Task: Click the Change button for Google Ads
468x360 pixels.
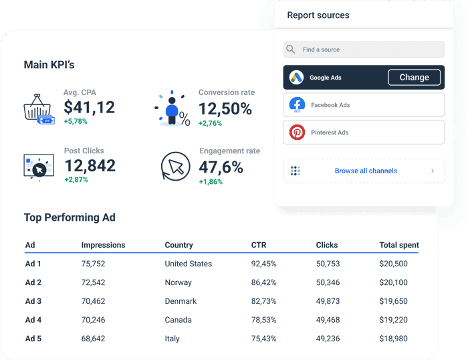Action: [414, 78]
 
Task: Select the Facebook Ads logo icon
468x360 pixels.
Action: [297, 105]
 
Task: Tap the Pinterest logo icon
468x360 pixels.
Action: [297, 132]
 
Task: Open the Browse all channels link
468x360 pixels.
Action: [366, 171]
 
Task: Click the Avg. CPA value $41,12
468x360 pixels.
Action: [89, 107]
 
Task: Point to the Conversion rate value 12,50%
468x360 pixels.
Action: [225, 108]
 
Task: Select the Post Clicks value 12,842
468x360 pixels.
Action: [90, 166]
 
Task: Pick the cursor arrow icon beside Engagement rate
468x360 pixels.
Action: [176, 166]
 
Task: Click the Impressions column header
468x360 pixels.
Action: [103, 245]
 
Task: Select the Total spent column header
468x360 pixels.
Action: [399, 245]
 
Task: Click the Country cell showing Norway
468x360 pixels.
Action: [179, 282]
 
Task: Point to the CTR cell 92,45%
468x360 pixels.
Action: [263, 264]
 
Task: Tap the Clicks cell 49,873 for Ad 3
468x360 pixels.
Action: [328, 301]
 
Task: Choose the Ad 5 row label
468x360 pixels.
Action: [33, 339]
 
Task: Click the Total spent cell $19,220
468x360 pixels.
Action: [394, 320]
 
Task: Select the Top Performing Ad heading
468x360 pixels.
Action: [70, 217]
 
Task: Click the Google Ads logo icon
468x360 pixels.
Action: [297, 78]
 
